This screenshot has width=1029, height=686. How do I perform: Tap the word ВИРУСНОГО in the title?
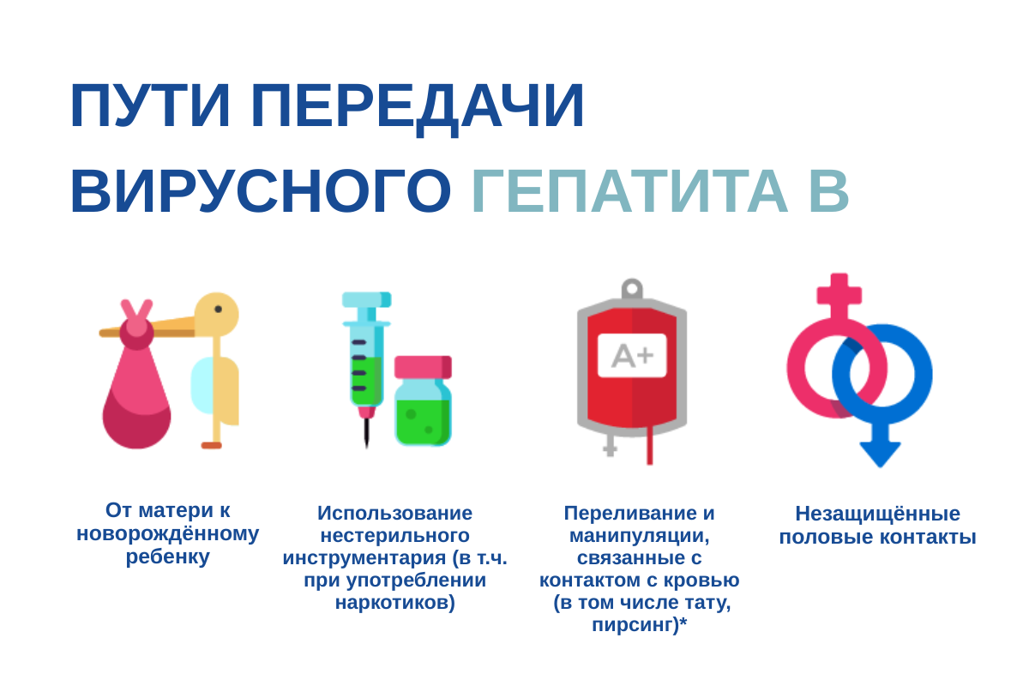click(260, 191)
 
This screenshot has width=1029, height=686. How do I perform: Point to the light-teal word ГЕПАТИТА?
click(629, 191)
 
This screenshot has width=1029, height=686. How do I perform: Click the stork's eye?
click(218, 310)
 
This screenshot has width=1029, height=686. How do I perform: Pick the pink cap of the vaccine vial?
click(422, 367)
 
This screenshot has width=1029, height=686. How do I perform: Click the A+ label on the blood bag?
click(632, 355)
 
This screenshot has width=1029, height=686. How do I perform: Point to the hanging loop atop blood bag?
click(632, 289)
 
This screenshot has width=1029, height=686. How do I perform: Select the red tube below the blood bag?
click(649, 447)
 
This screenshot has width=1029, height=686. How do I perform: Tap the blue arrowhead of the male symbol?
click(880, 453)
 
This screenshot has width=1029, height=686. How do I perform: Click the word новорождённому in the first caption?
click(168, 533)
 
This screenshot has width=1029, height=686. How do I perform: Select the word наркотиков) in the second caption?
click(395, 602)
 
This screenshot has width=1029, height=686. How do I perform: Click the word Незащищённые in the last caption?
click(877, 514)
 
